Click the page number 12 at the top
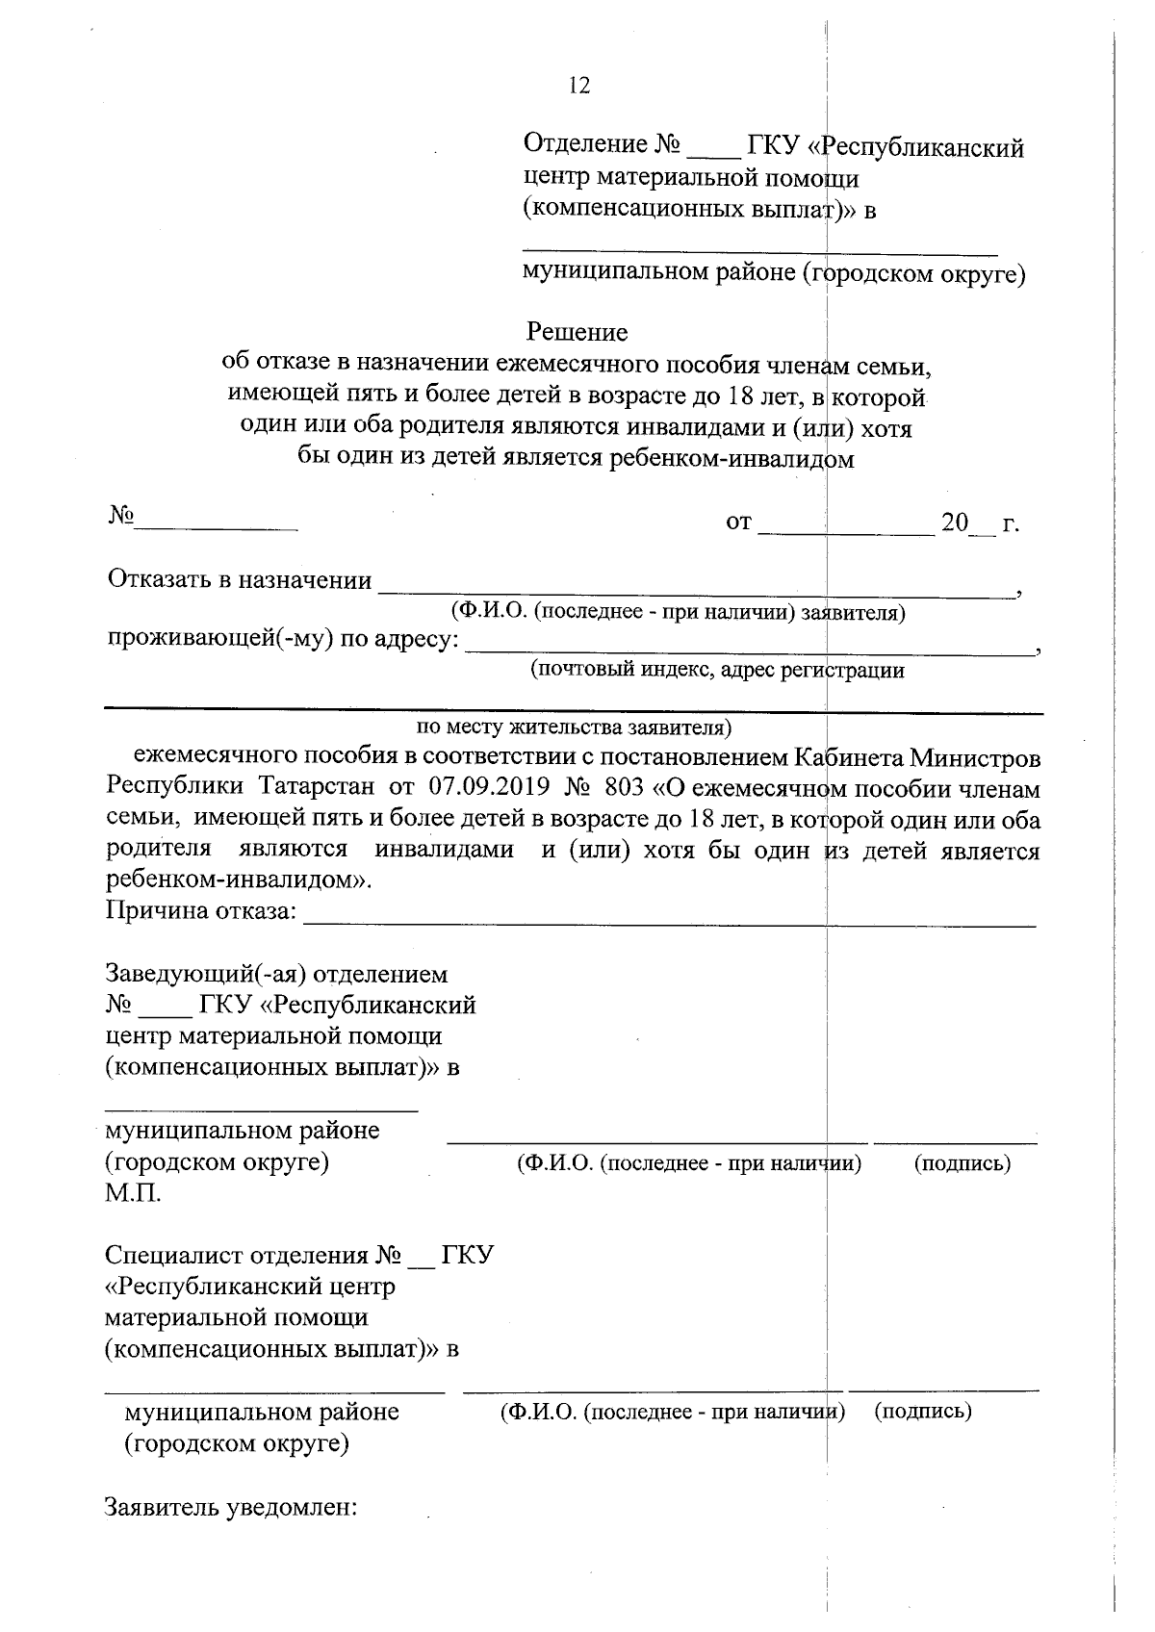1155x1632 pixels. pos(578,86)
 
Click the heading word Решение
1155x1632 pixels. pos(577,332)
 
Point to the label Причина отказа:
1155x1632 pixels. pos(201,910)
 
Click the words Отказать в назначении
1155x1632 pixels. pos(240,580)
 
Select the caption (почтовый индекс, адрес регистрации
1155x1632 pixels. pos(717,670)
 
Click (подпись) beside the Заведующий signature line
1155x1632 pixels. pos(962,1162)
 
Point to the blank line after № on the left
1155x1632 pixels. pos(217,526)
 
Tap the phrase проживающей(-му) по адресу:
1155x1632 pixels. pos(282,640)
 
